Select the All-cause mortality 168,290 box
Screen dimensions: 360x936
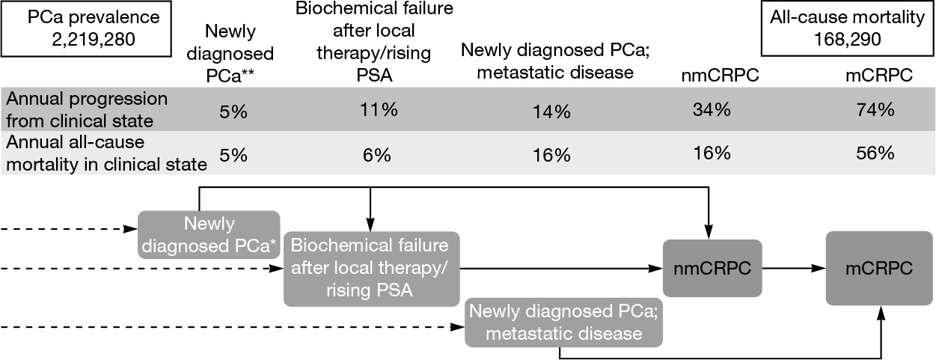pos(846,28)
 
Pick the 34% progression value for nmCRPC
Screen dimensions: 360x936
pos(712,110)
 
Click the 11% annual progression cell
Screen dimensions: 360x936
pos(376,110)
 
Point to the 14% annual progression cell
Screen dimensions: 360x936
pos(552,112)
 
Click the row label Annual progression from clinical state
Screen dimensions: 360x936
pos(85,110)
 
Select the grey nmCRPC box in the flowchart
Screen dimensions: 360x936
pos(712,267)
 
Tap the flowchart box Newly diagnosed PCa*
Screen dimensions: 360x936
pos(209,234)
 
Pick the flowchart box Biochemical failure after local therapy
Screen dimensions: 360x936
pos(371,268)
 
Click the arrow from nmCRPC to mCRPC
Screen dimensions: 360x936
pos(793,267)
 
